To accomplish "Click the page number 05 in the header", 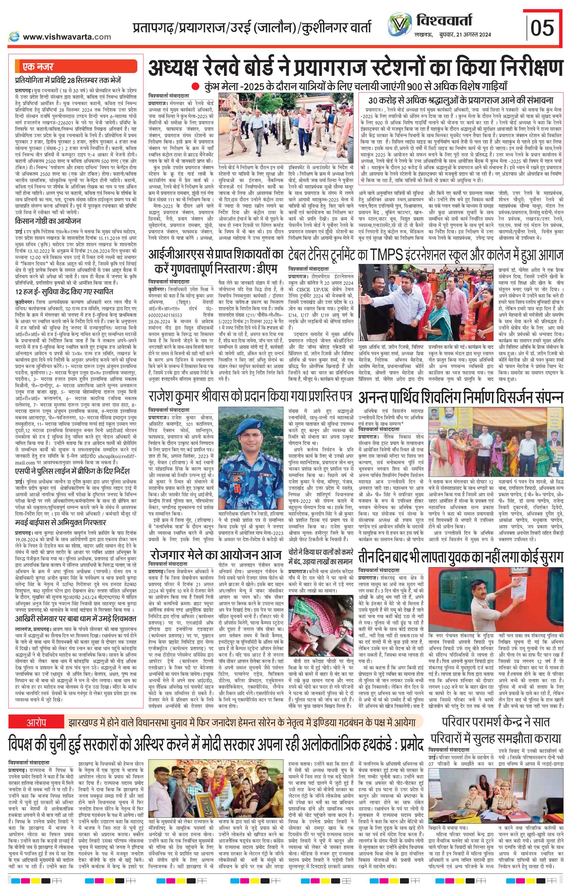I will tap(543, 28).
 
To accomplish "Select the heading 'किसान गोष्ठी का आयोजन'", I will tap(48, 220).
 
